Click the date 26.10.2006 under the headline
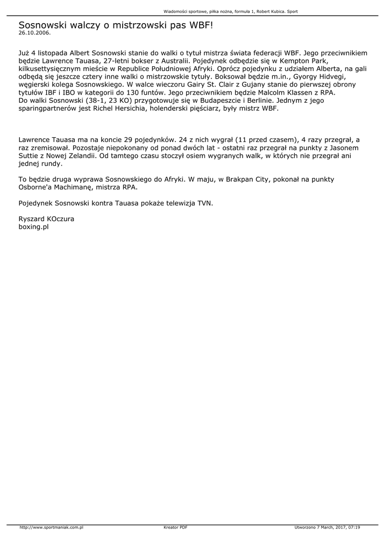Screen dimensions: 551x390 click(34, 33)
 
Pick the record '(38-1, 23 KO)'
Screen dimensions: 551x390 click(99, 100)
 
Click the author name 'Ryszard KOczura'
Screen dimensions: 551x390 click(46, 219)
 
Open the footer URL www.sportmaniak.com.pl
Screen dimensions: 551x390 click(51, 527)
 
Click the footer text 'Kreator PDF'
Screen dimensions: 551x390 click(175, 527)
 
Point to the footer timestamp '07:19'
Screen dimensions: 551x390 click(354, 527)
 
